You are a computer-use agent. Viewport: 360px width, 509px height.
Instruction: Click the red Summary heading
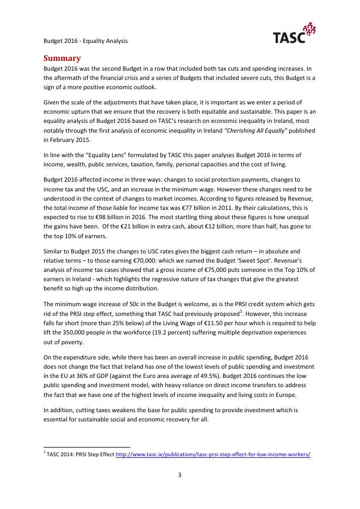(x=63, y=58)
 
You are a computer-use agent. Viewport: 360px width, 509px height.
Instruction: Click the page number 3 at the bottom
(x=179, y=475)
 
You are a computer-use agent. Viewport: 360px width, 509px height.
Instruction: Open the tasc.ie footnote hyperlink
(x=213, y=455)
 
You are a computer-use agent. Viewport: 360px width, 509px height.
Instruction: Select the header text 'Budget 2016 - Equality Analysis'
(x=85, y=41)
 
